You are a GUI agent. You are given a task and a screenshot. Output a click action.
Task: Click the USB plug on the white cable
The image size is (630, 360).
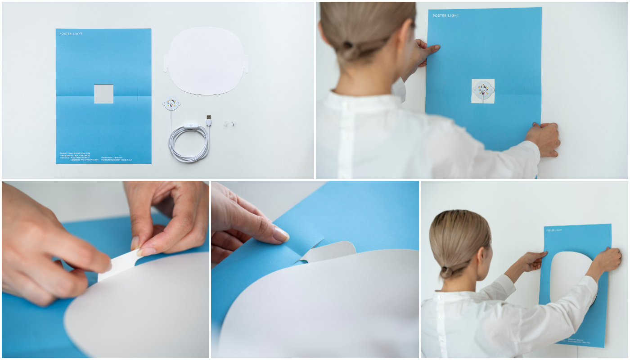[x=208, y=120]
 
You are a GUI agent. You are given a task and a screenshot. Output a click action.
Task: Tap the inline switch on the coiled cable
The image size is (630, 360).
[x=190, y=126]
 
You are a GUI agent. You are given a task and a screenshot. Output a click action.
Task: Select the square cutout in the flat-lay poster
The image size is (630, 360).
[x=103, y=94]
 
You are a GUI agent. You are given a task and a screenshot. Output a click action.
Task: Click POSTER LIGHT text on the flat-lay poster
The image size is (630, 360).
[x=71, y=34]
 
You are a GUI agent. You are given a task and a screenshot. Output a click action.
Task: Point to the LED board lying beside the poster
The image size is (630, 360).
[x=172, y=104]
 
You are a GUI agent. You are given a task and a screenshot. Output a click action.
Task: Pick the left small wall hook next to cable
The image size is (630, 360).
[x=226, y=123]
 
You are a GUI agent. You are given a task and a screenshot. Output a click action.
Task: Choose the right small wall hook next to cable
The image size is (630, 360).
[x=233, y=123]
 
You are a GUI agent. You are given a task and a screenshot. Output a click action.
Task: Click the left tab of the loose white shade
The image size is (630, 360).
[x=166, y=63]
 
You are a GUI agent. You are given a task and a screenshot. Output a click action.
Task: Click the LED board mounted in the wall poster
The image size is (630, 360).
[x=483, y=90]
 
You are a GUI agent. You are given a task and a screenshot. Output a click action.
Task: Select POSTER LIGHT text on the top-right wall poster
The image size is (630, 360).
[x=445, y=16]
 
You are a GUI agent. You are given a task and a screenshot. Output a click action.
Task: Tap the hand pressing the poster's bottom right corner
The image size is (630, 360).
[x=545, y=139]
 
